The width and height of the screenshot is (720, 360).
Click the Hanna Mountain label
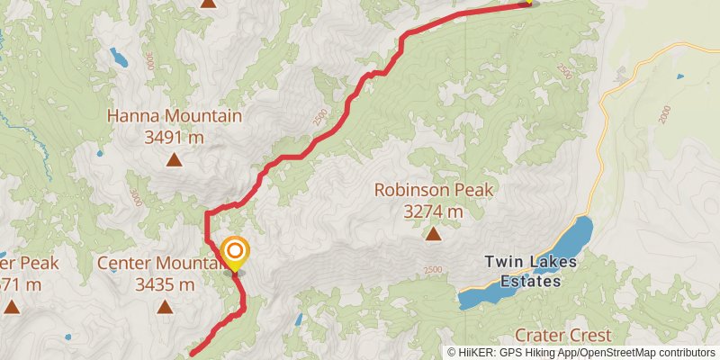point(175,116)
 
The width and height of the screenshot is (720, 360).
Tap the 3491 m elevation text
point(175,137)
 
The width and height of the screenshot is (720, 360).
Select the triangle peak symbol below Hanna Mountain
point(173,162)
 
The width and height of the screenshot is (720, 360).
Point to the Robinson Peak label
point(434,191)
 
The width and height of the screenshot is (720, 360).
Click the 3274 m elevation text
point(433,212)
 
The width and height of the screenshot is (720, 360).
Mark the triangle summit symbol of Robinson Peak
point(433,235)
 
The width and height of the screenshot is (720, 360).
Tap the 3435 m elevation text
point(165,284)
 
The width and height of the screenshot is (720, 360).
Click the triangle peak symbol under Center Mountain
point(165,307)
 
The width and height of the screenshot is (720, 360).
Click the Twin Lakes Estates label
point(523,272)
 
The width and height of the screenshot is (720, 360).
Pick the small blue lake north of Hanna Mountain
point(119,59)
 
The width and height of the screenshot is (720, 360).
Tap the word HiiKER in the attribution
point(478,353)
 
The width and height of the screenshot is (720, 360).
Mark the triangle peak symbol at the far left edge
point(11,307)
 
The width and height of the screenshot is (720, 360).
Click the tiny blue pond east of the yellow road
point(679,76)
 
